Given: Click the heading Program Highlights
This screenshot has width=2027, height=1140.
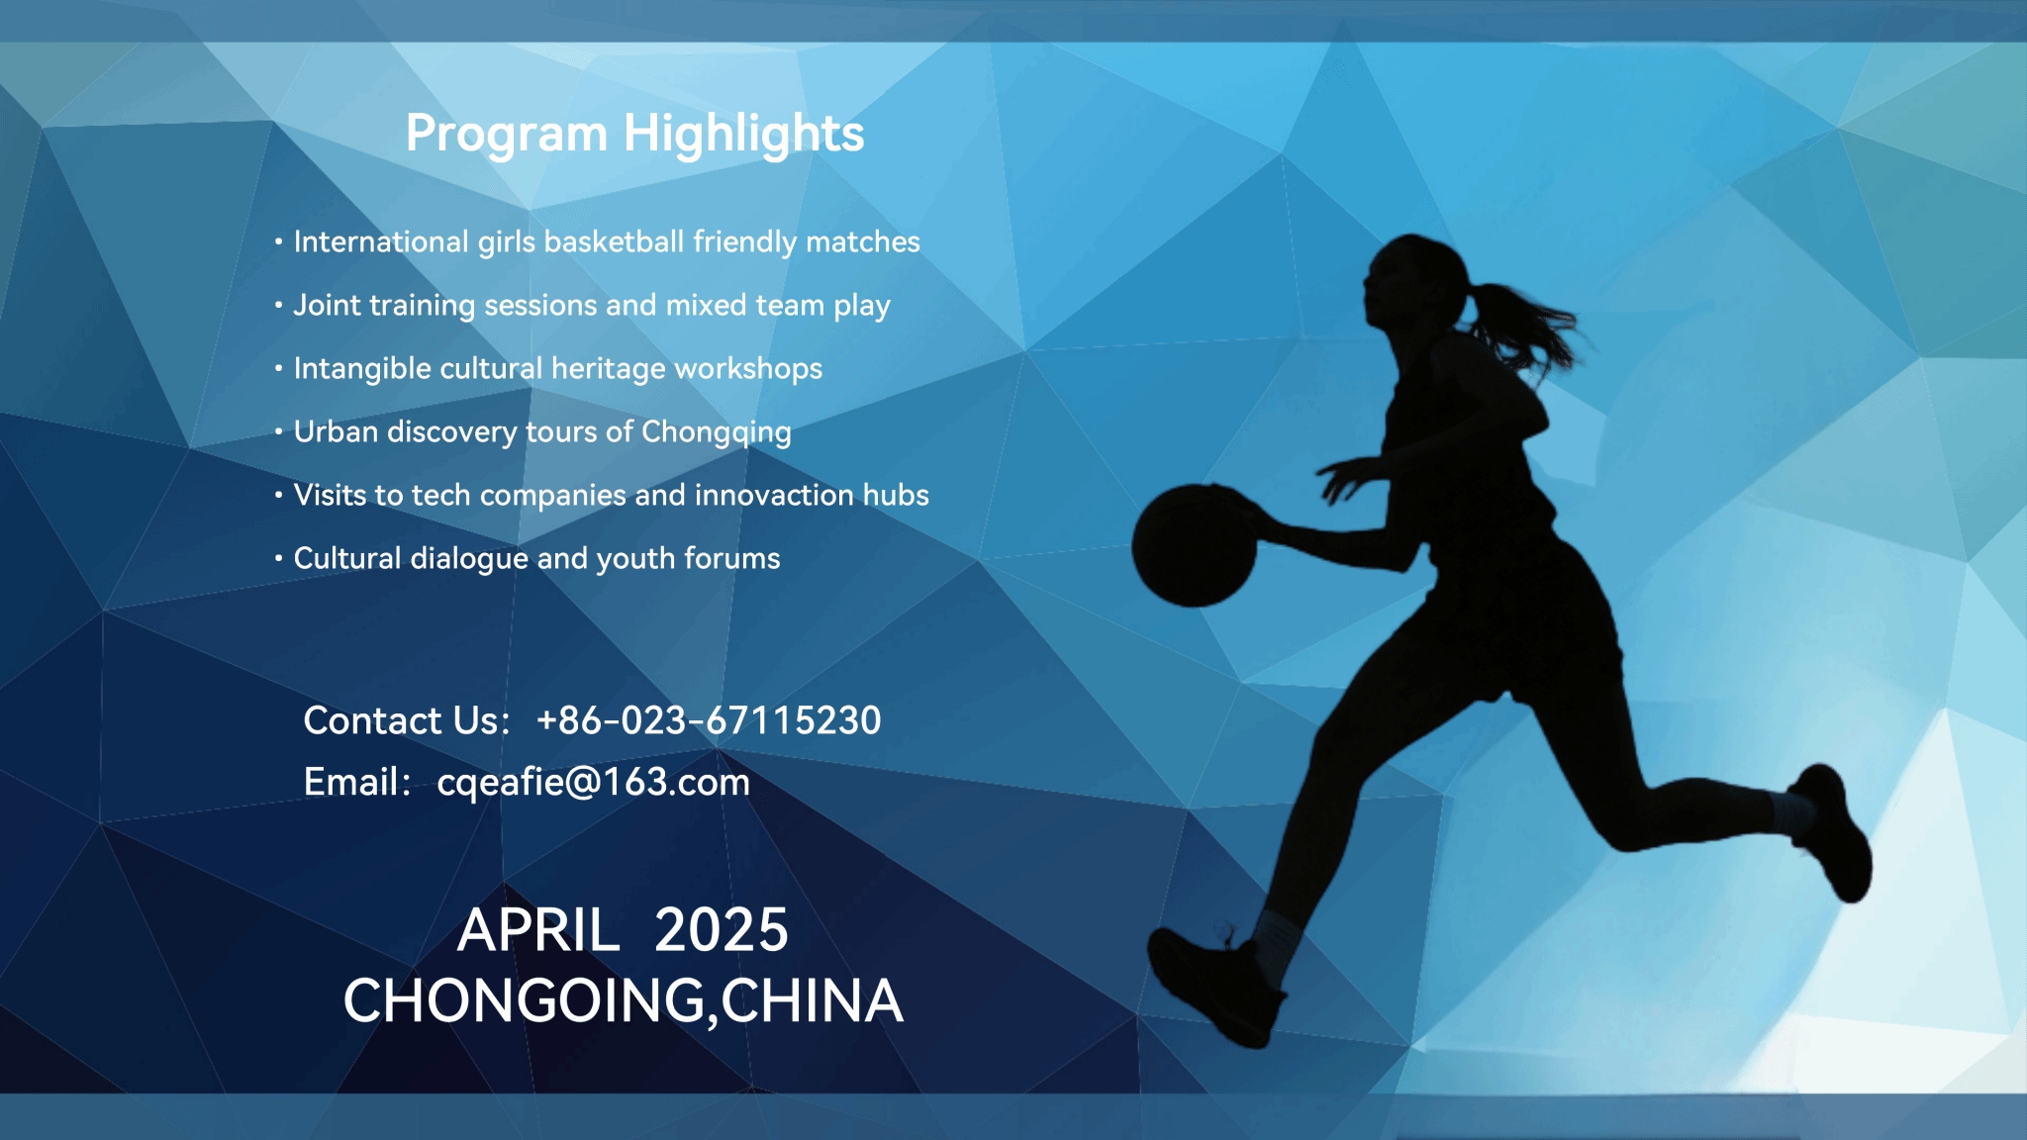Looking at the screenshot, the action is click(x=634, y=135).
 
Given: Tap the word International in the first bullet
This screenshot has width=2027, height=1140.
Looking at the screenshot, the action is click(x=381, y=241).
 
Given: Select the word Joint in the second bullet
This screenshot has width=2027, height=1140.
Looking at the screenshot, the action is click(x=327, y=305).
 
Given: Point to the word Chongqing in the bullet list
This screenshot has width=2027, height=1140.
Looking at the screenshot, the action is click(x=717, y=432).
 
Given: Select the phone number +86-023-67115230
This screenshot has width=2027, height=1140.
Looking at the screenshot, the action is click(x=709, y=720).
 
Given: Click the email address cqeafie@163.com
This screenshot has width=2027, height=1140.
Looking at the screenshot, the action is click(x=593, y=783).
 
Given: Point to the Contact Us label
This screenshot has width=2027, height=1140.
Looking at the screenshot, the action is click(x=406, y=720).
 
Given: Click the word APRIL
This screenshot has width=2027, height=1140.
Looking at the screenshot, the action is click(x=538, y=930).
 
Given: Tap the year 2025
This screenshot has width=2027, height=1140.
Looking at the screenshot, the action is click(x=722, y=930).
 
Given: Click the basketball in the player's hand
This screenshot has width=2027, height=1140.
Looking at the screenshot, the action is click(x=1194, y=545).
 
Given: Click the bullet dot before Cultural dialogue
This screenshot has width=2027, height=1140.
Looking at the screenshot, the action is click(x=279, y=558).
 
